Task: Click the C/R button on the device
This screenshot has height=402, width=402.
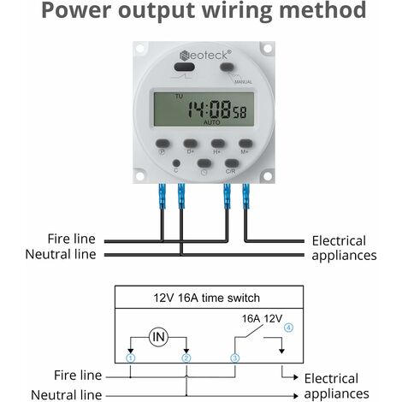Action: [231, 163]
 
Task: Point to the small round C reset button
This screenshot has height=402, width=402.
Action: [175, 162]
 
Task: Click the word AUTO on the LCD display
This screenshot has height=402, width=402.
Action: [211, 121]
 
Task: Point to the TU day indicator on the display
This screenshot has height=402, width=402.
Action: [179, 98]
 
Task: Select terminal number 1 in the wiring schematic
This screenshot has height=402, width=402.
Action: [130, 358]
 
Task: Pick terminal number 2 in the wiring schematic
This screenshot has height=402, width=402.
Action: [186, 358]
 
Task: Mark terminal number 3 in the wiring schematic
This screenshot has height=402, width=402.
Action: [234, 358]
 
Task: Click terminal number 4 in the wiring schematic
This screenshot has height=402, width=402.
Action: [288, 327]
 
